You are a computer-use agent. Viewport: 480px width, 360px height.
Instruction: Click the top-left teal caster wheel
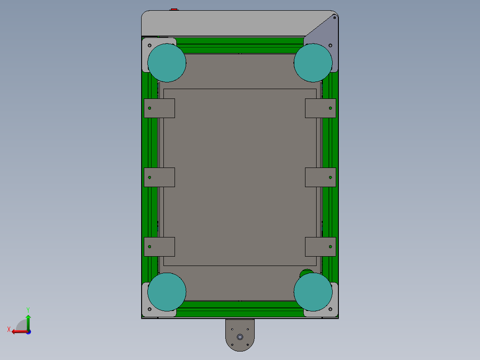(x=167, y=63)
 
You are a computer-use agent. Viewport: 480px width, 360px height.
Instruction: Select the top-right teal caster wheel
(x=313, y=63)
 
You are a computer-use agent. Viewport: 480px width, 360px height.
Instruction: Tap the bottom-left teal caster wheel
(x=167, y=292)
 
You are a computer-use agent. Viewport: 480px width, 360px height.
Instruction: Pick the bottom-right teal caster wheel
(x=313, y=292)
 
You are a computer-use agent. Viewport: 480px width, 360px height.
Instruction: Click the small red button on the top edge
(x=174, y=9)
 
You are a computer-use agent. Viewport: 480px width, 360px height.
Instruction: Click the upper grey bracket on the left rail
(x=159, y=108)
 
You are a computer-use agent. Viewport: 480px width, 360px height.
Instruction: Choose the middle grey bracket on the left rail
(x=159, y=177)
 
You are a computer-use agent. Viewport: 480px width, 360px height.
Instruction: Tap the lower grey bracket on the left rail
(x=159, y=247)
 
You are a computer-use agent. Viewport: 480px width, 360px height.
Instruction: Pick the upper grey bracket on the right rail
(x=321, y=108)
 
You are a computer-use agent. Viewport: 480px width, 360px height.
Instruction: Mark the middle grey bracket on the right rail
(x=321, y=177)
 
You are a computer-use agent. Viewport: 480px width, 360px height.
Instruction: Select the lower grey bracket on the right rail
(x=321, y=247)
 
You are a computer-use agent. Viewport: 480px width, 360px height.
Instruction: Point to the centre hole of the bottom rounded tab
(x=240, y=337)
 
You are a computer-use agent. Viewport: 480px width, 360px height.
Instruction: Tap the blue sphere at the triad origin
(x=28, y=332)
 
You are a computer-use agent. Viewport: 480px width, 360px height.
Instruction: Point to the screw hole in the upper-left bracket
(x=150, y=108)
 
